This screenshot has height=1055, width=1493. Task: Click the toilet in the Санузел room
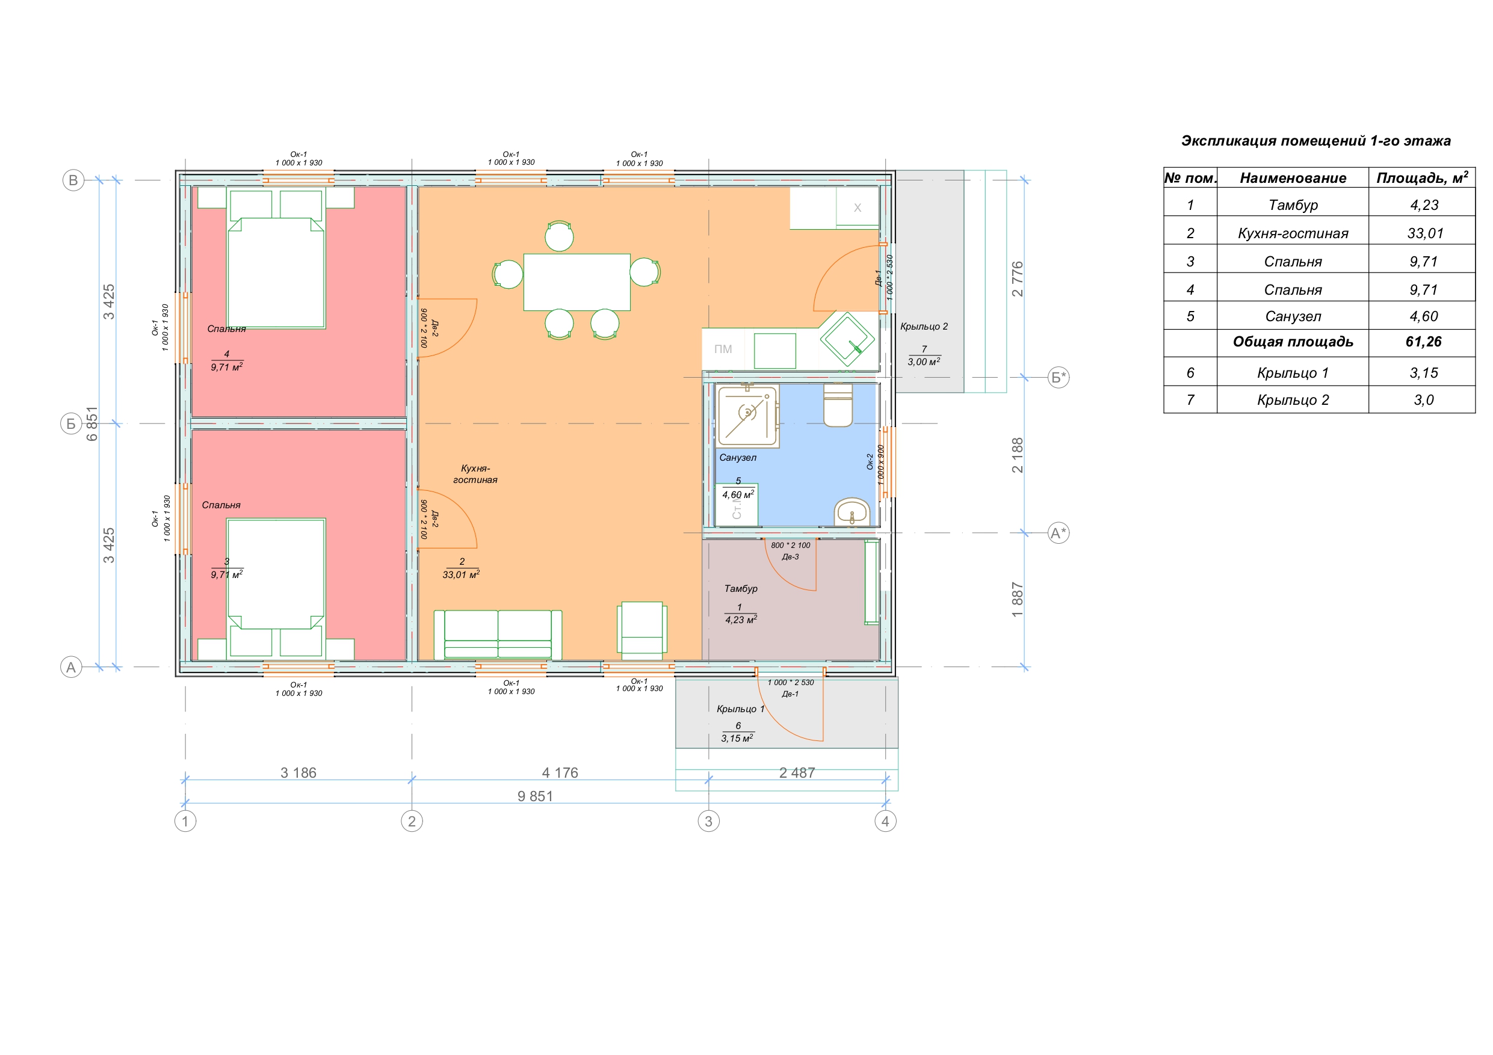click(x=838, y=405)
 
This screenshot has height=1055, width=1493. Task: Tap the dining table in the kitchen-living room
click(x=576, y=282)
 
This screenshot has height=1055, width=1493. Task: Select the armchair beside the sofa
click(x=642, y=627)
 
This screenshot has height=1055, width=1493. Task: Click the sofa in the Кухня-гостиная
click(x=498, y=635)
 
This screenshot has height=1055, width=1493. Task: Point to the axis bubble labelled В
click(x=73, y=180)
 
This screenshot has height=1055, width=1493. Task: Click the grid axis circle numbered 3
click(x=708, y=821)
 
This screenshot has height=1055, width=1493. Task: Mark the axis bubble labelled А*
click(x=1059, y=533)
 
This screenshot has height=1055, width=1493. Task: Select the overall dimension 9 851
click(x=535, y=796)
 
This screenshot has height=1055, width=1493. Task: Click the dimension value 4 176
click(x=560, y=773)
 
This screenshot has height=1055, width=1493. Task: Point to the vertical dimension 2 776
click(x=1018, y=279)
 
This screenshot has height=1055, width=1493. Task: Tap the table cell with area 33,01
click(x=1425, y=233)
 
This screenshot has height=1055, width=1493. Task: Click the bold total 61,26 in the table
click(x=1423, y=342)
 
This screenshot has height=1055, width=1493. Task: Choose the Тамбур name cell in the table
click(x=1293, y=206)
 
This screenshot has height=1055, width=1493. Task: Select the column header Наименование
click(x=1293, y=178)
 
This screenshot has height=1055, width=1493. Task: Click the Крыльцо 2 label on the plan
click(x=923, y=327)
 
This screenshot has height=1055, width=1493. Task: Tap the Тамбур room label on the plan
click(x=741, y=588)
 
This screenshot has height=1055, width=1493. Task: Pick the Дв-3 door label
click(x=790, y=557)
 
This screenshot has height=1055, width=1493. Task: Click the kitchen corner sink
click(x=847, y=339)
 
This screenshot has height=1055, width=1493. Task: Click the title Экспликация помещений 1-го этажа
click(x=1315, y=141)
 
